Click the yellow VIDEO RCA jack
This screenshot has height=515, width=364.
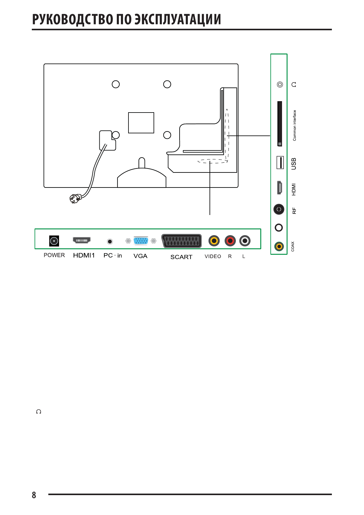click(214, 241)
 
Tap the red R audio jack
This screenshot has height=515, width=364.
click(230, 241)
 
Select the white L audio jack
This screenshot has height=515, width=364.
click(245, 241)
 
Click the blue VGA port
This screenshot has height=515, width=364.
click(141, 241)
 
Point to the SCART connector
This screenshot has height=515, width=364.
click(181, 241)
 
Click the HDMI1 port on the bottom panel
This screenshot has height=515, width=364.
click(82, 240)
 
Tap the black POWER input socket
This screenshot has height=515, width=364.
click(54, 241)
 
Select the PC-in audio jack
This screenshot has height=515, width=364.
click(110, 242)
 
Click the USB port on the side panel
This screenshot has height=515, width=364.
click(280, 162)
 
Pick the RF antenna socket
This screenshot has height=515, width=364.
click(279, 209)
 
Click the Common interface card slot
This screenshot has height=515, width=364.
click(280, 124)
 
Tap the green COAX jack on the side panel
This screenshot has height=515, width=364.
click(279, 246)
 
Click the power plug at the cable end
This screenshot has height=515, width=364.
click(75, 198)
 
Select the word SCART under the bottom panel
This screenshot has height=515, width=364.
click(181, 257)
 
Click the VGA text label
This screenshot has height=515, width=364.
click(140, 256)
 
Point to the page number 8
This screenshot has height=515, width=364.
click(34, 495)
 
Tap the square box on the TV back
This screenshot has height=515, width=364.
click(141, 123)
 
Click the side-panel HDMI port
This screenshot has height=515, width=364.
click(280, 188)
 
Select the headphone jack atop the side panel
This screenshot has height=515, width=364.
click(280, 84)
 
